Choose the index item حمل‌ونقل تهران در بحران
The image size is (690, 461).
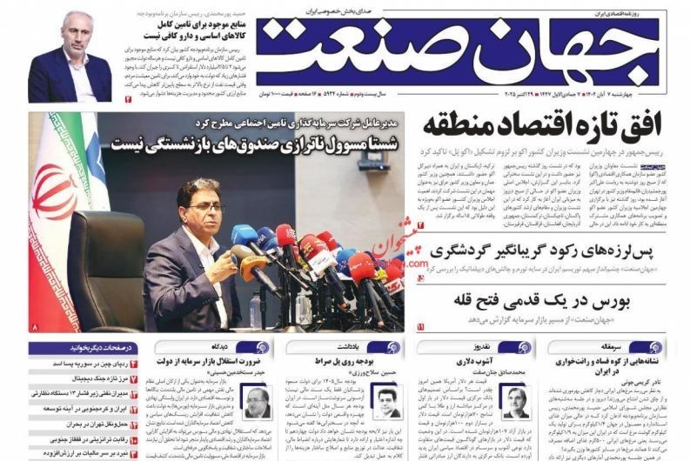tap(82, 424)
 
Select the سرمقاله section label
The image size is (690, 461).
tap(640, 347)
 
